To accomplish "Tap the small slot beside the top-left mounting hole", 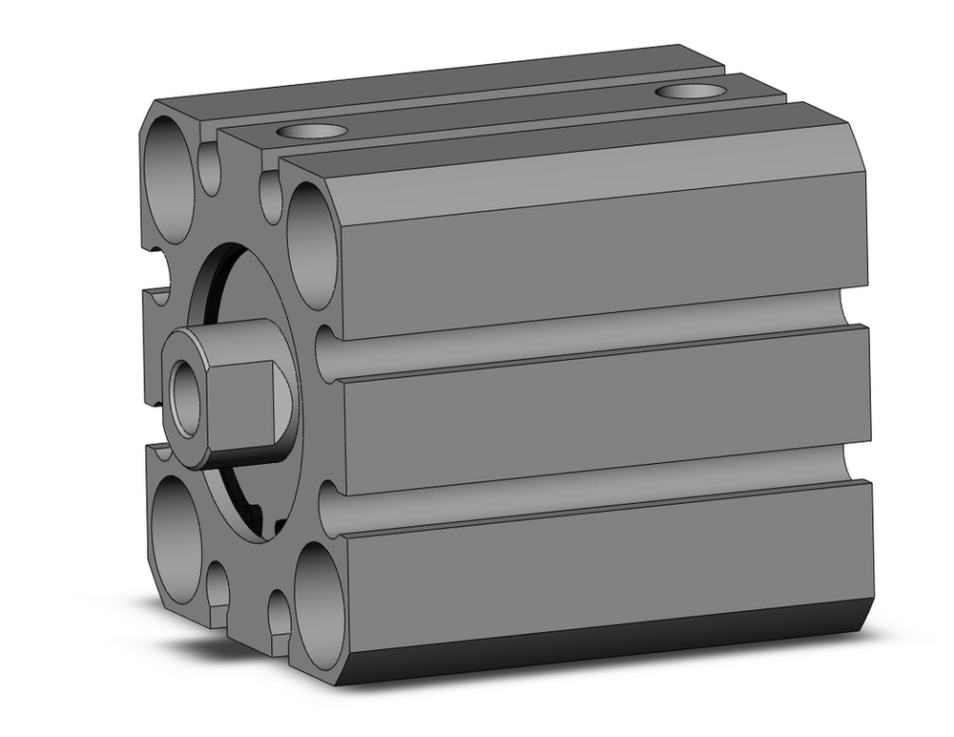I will [211, 170].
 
